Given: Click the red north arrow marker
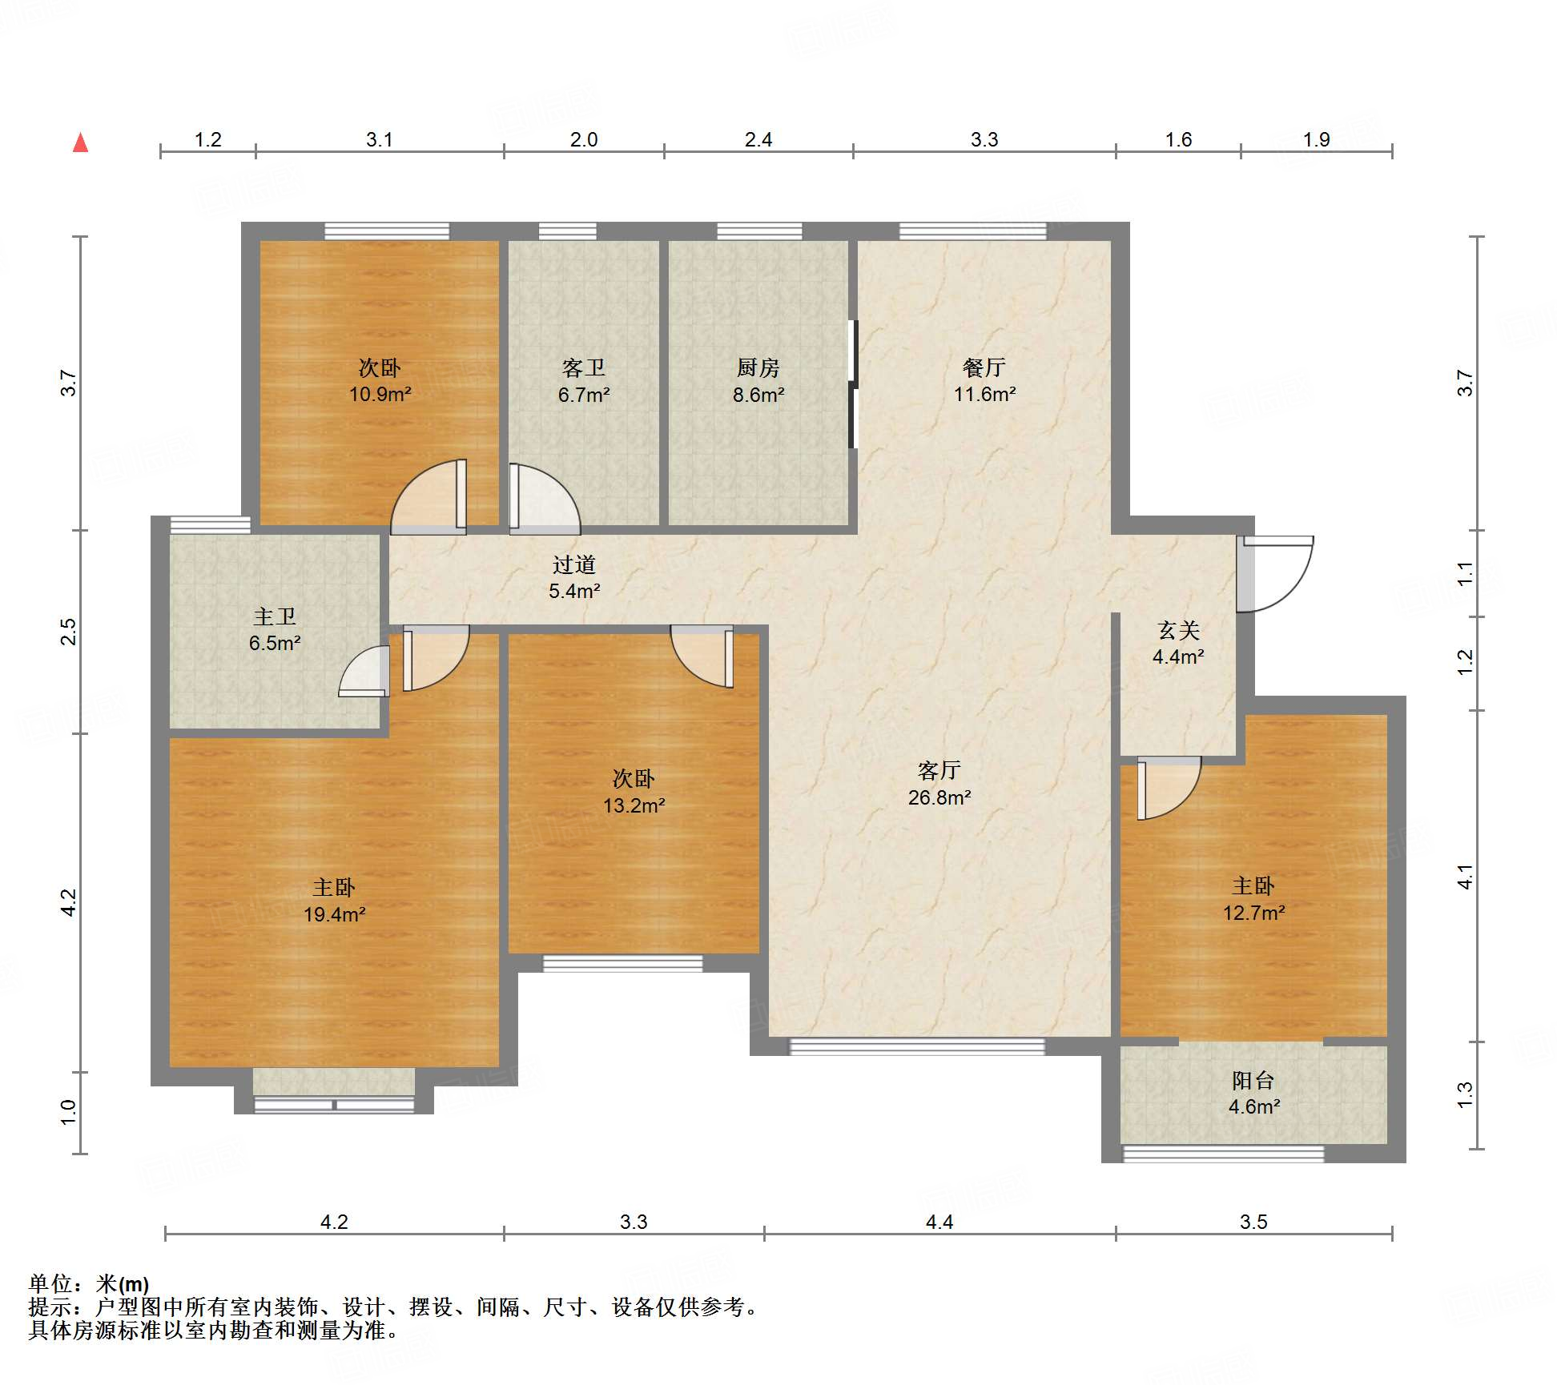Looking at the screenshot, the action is tap(80, 143).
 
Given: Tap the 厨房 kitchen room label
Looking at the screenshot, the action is tap(758, 367).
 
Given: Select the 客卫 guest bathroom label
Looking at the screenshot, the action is tap(583, 367).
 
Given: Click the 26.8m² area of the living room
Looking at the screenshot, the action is tap(939, 797).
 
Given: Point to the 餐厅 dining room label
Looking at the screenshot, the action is tap(984, 367).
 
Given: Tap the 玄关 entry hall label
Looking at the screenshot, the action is tap(1178, 630).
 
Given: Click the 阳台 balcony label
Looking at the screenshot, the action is tap(1253, 1080).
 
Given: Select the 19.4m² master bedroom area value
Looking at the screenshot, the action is tap(335, 914).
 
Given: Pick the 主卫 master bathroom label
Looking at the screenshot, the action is tap(275, 616).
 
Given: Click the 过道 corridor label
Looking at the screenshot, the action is tap(574, 564).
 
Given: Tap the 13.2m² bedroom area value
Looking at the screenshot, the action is tap(634, 805).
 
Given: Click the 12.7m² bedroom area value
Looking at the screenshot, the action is tap(1253, 913).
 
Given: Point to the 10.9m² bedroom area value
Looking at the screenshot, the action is tap(380, 394).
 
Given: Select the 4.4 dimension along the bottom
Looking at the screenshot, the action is tap(939, 1222).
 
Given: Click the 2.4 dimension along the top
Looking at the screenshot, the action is tap(758, 139).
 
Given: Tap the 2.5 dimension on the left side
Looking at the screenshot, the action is tap(69, 632).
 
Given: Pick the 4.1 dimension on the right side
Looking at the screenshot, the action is tap(1465, 877).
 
